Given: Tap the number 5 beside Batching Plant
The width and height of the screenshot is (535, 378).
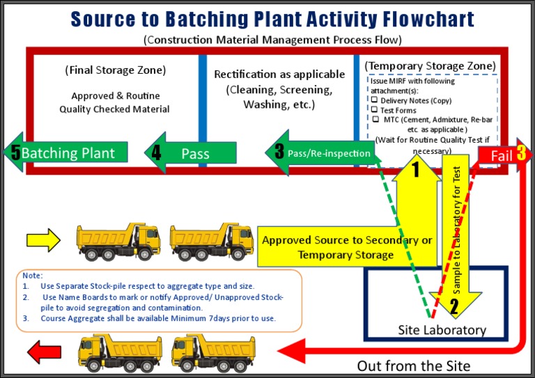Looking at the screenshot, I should pyautogui.click(x=15, y=152).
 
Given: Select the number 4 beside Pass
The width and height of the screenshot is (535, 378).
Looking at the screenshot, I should pyautogui.click(x=156, y=152).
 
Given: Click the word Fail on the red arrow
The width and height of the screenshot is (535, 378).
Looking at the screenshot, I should pyautogui.click(x=502, y=156).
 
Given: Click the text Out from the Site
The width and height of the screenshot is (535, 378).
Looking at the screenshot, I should pyautogui.click(x=414, y=365).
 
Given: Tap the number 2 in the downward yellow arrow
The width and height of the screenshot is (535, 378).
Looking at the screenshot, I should pyautogui.click(x=454, y=306).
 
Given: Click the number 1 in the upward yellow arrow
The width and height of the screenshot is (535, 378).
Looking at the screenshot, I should pyautogui.click(x=416, y=169).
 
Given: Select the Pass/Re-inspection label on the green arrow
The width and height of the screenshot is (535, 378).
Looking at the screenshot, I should pyautogui.click(x=329, y=152).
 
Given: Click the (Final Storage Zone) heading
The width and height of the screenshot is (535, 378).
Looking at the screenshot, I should pyautogui.click(x=116, y=70).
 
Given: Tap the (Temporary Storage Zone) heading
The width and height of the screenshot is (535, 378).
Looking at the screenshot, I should pyautogui.click(x=431, y=65).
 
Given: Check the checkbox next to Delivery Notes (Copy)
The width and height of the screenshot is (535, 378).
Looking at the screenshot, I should pyautogui.click(x=374, y=100).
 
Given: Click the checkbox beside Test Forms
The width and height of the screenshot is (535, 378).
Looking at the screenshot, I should pyautogui.click(x=374, y=109).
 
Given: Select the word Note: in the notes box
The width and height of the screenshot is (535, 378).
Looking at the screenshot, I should pyautogui.click(x=32, y=276).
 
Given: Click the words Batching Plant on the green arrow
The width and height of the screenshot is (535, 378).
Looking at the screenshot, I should pyautogui.click(x=68, y=152).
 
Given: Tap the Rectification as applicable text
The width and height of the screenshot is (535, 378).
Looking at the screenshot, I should pyautogui.click(x=279, y=74).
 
